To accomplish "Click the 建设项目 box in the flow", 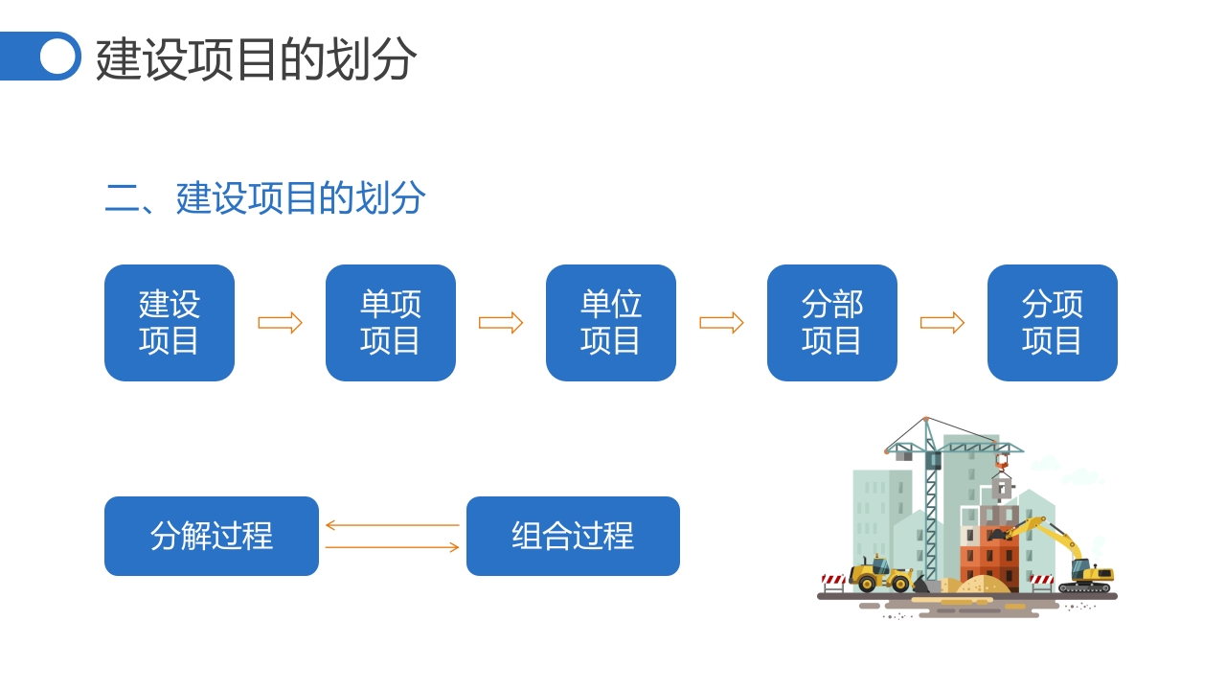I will tap(170, 323).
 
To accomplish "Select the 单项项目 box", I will tap(390, 323).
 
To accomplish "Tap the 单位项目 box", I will tap(611, 323).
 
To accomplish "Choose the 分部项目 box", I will tap(831, 323).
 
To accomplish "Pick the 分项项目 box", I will tap(1052, 323).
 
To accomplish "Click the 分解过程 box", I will tap(211, 536).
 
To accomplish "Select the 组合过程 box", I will tap(573, 536).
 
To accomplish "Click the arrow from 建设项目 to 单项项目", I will tap(280, 323).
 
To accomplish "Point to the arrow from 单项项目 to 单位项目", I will tap(501, 323).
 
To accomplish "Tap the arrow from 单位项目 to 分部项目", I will tap(721, 323).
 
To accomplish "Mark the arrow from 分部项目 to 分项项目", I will tap(942, 323).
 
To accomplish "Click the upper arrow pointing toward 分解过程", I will tap(392, 525).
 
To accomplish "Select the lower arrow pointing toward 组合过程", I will tap(392, 547).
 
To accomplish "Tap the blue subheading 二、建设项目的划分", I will tap(265, 198).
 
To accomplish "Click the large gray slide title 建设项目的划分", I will tap(256, 59).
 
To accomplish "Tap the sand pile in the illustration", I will tap(982, 585).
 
